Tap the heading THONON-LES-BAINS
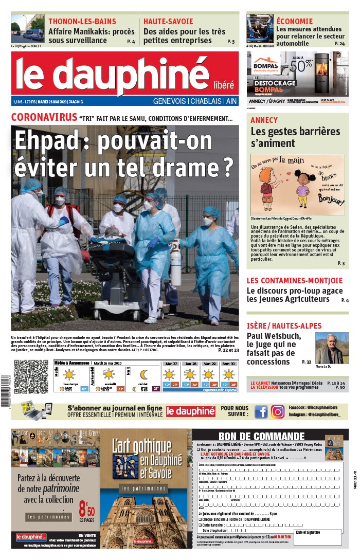pyautogui.click(x=82, y=22)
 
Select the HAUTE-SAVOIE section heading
pyautogui.click(x=168, y=22)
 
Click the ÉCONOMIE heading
pyautogui.click(x=294, y=21)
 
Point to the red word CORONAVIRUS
pyautogui.click(x=44, y=117)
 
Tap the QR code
pyautogui.click(x=30, y=377)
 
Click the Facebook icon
pyautogui.click(x=261, y=411)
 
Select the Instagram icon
pyautogui.click(x=278, y=411)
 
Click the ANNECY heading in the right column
pyautogui.click(x=264, y=120)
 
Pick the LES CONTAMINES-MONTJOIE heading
pyautogui.click(x=294, y=281)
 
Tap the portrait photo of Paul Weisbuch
pyautogui.click(x=331, y=348)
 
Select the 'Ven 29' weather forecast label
pyautogui.click(x=209, y=364)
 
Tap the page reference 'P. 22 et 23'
pyautogui.click(x=228, y=350)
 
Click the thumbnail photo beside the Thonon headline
pyautogui.click(x=28, y=29)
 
